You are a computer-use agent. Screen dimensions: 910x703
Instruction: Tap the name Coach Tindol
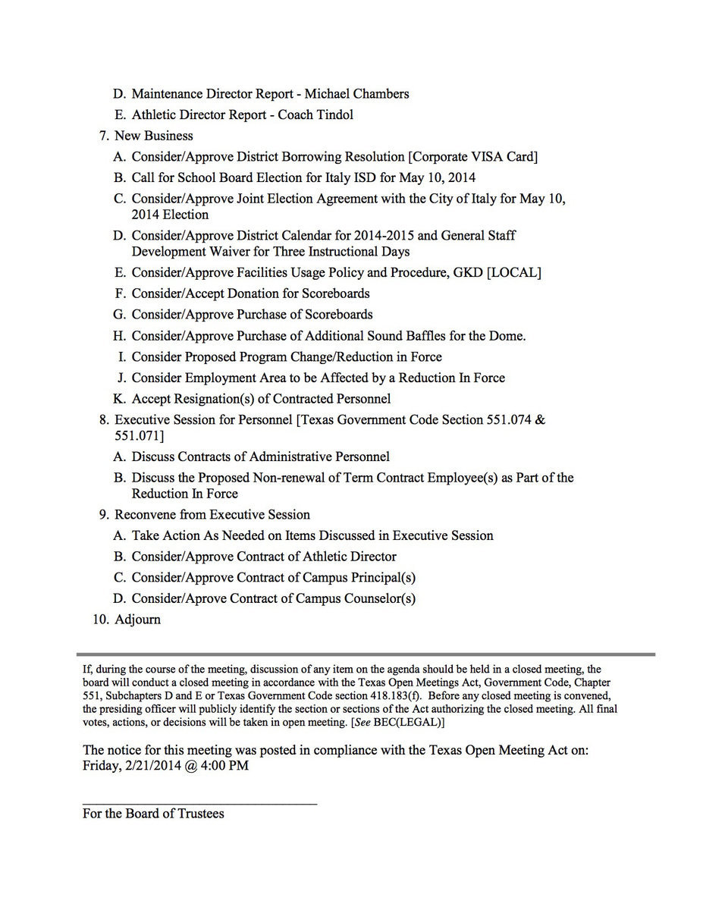coord(315,115)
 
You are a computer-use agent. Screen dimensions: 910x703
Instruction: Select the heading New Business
coord(153,136)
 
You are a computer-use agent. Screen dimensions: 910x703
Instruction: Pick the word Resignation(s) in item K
coord(215,399)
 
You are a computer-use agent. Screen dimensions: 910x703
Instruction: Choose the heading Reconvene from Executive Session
coord(212,514)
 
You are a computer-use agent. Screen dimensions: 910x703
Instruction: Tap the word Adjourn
coord(137,620)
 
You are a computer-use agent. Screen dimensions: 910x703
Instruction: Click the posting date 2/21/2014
coord(154,765)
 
